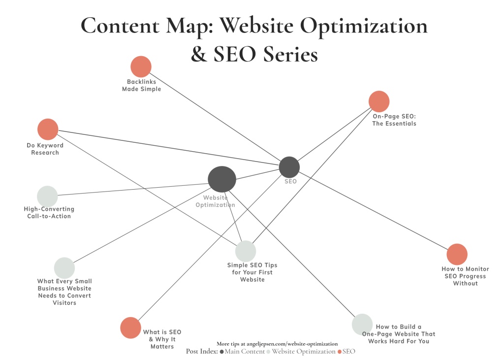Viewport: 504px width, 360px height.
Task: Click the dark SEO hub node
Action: [x=289, y=167]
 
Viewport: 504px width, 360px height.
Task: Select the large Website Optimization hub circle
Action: [x=222, y=179]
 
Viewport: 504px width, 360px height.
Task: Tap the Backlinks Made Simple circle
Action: [x=141, y=67]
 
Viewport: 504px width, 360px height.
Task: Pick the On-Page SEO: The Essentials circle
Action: [x=379, y=101]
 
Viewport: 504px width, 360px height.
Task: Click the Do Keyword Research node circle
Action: [x=48, y=130]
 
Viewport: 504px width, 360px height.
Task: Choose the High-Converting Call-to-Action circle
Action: [x=47, y=196]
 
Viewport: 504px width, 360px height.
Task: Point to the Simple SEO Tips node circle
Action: [x=246, y=251]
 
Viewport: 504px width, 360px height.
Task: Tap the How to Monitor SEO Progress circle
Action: [x=457, y=254]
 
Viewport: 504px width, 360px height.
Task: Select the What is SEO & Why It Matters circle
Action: [x=130, y=328]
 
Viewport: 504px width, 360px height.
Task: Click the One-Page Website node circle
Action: [x=362, y=324]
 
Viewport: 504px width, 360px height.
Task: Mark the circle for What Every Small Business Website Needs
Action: [x=64, y=268]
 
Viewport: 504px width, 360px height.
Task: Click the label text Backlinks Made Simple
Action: [x=141, y=85]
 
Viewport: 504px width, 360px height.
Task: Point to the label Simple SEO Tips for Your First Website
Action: [x=252, y=272]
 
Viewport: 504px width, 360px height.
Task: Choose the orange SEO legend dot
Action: [x=339, y=352]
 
